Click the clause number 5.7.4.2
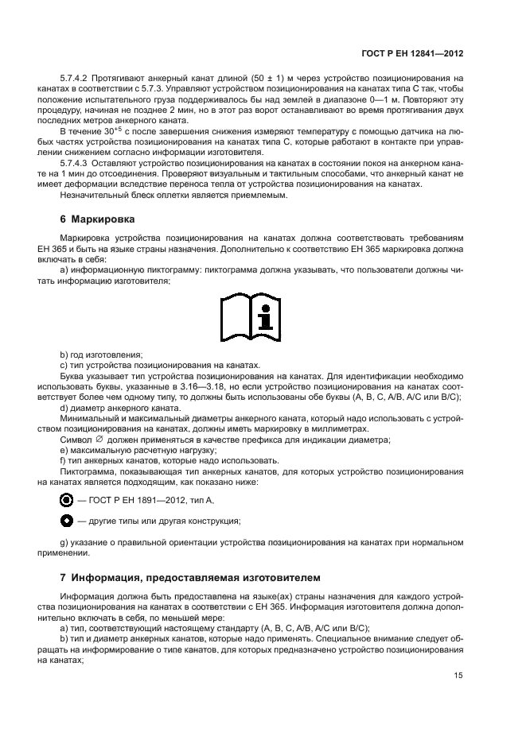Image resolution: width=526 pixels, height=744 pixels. (x=74, y=78)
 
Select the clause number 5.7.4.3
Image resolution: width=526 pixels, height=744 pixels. (x=74, y=162)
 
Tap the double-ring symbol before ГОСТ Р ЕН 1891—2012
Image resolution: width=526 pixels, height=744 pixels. (x=67, y=500)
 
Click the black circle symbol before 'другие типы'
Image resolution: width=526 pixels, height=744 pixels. (x=67, y=521)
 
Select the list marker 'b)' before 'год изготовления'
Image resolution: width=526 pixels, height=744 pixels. (x=64, y=355)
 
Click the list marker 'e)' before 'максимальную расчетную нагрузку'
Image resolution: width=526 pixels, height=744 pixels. (x=64, y=450)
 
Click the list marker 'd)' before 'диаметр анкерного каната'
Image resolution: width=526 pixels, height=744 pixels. (x=64, y=408)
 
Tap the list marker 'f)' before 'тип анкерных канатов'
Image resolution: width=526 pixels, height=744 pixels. (x=64, y=460)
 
